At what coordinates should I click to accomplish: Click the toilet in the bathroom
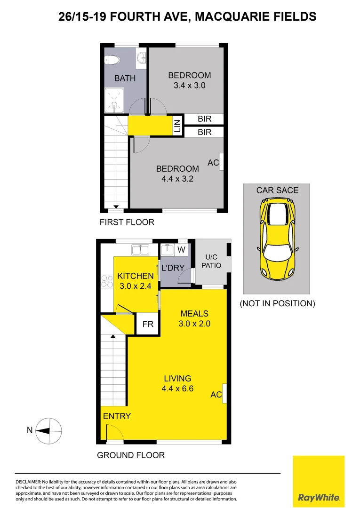(x=112, y=60)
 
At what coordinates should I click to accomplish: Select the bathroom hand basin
(x=141, y=58)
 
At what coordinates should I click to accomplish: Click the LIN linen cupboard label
(x=177, y=126)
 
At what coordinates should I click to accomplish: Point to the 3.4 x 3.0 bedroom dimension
(x=190, y=86)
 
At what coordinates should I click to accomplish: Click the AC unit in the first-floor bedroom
(x=221, y=162)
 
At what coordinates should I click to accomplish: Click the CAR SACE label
(x=277, y=190)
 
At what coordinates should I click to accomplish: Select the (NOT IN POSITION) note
(x=277, y=303)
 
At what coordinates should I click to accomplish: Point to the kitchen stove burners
(x=105, y=281)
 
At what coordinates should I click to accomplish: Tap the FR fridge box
(x=147, y=325)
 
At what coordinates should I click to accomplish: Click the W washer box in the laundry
(x=181, y=248)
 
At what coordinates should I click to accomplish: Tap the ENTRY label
(x=117, y=416)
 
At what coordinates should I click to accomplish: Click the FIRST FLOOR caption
(x=127, y=222)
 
